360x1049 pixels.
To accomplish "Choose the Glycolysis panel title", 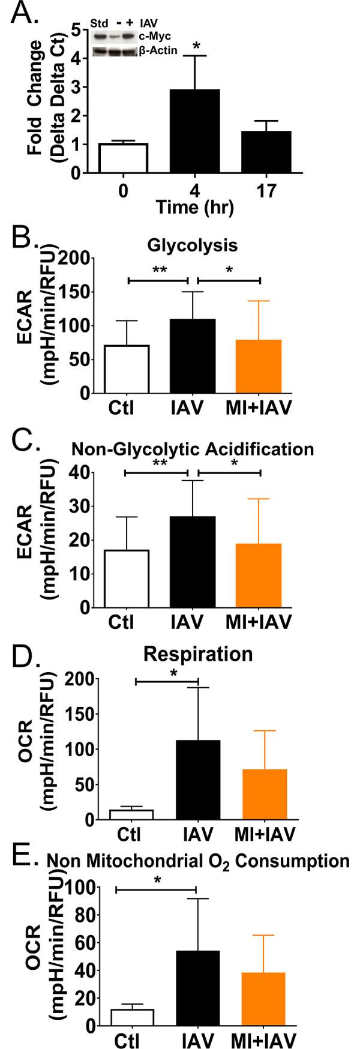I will click(193, 245).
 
